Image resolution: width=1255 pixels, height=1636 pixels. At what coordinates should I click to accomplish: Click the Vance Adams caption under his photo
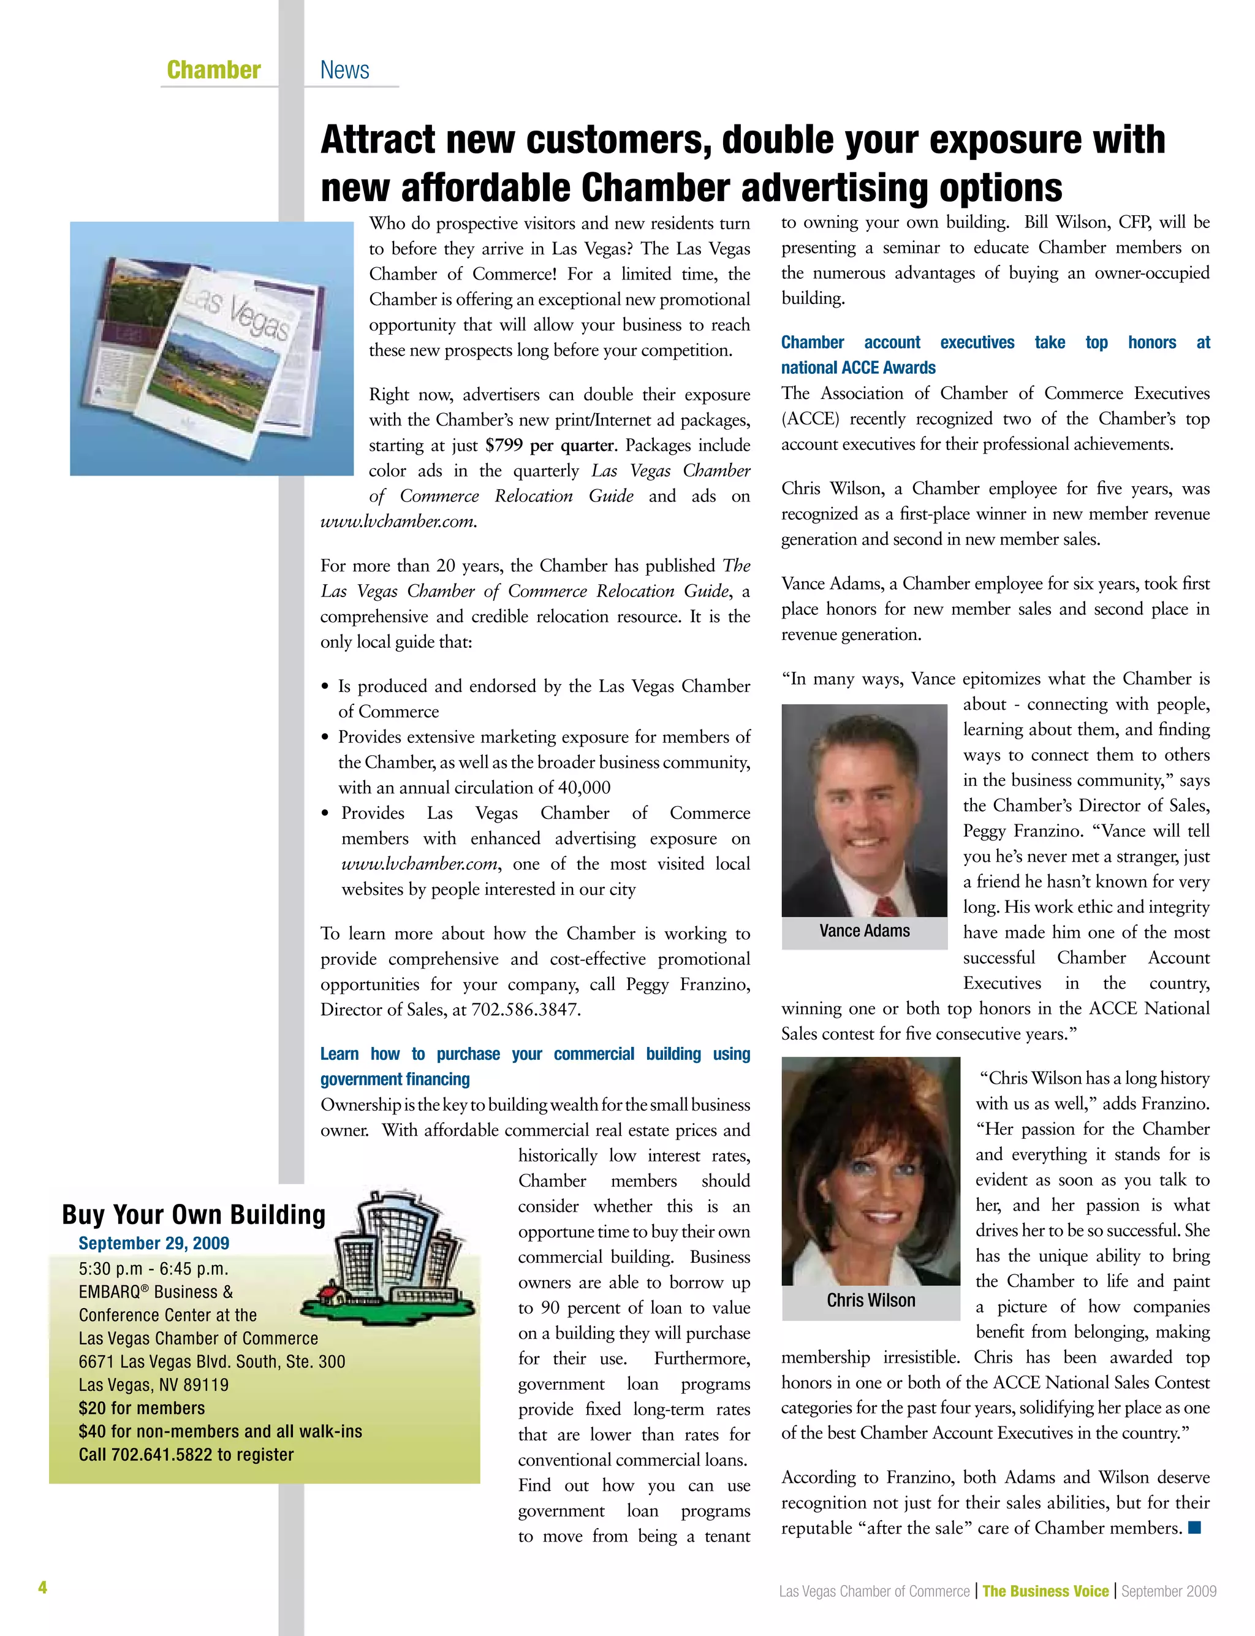[864, 931]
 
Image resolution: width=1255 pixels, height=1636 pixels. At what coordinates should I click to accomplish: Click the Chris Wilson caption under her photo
[870, 1301]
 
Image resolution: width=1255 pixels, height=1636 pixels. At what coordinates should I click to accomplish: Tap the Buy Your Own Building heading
[194, 1215]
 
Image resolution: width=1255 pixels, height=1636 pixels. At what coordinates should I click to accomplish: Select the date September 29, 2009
[154, 1243]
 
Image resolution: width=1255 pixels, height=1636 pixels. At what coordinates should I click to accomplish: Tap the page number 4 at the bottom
[42, 1588]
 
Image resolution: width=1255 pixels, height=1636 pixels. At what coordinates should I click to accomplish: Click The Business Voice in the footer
[1045, 1591]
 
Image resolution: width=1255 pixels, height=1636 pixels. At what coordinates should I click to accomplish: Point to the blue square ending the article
[1194, 1528]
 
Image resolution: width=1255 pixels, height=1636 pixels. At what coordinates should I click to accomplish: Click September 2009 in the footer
[1169, 1591]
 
